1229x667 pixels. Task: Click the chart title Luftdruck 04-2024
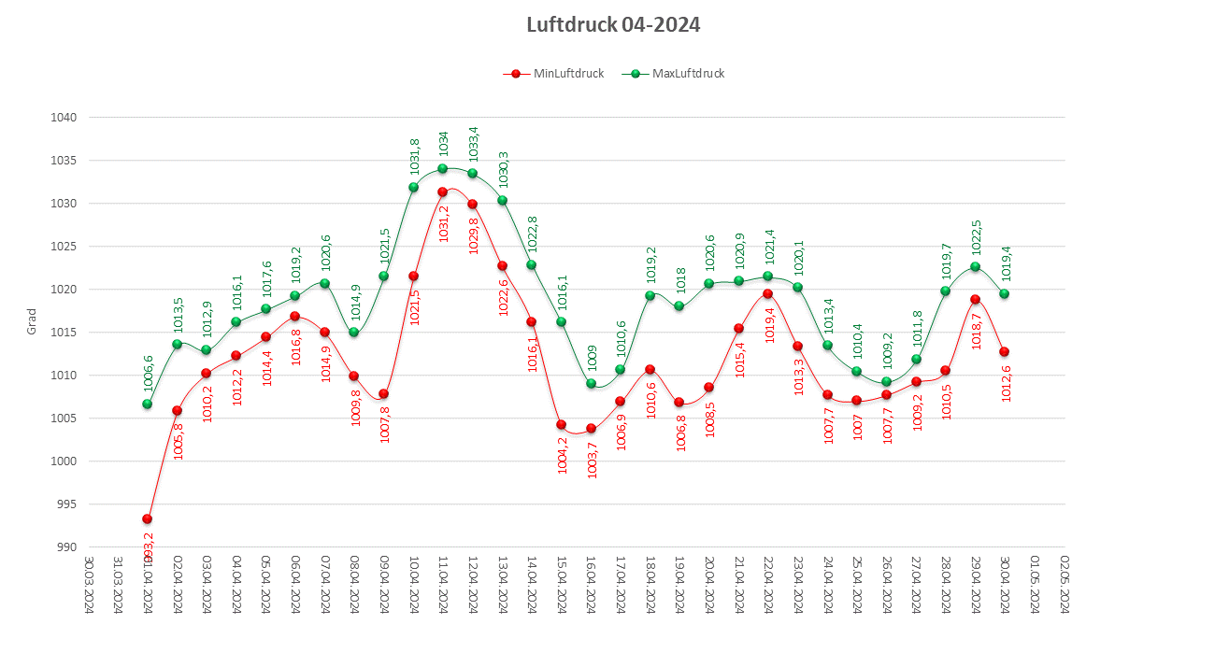[x=613, y=25]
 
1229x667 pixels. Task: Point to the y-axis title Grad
[x=31, y=321]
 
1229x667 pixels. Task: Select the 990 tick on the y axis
[x=65, y=547]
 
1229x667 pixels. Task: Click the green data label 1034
[x=444, y=143]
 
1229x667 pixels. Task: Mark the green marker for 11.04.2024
[x=443, y=169]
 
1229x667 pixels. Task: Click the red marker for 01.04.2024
[x=147, y=518]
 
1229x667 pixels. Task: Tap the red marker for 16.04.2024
[x=591, y=429]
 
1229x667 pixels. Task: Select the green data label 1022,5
[x=976, y=236]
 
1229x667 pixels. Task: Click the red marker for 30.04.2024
[x=1005, y=352]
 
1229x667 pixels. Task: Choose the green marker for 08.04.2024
[x=354, y=333]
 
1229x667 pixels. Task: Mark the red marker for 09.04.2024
[x=383, y=394]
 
